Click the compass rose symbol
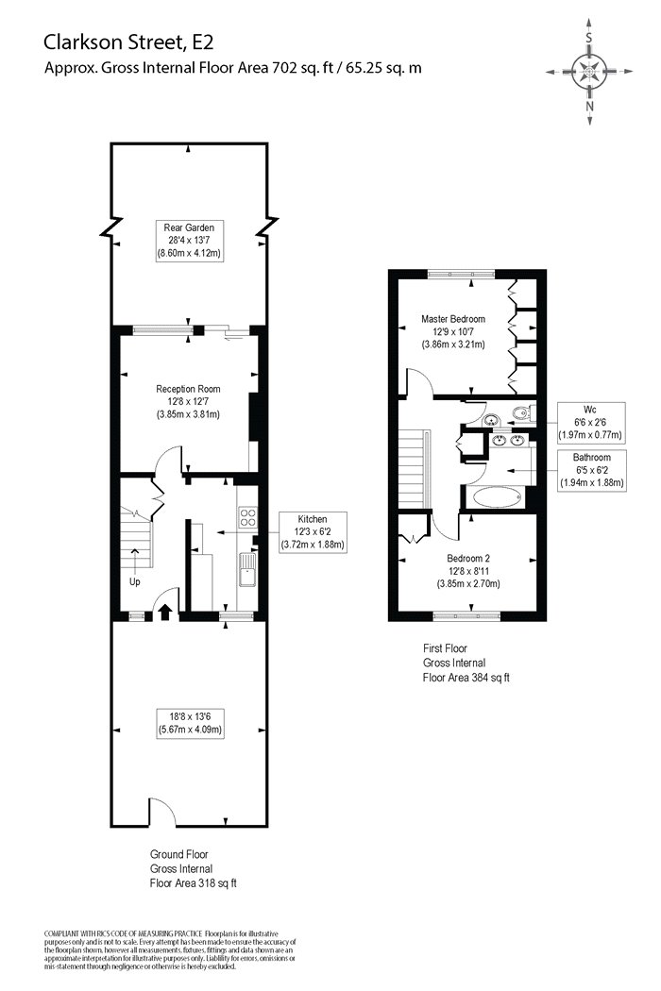[589, 72]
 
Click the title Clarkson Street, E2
[128, 42]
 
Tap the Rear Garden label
[189, 240]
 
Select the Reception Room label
[188, 401]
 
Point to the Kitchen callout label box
[313, 531]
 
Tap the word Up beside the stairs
[135, 581]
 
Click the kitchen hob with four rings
[247, 518]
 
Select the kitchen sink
[247, 569]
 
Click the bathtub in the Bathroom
[498, 497]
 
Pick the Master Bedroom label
[453, 332]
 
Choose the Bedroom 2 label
[468, 571]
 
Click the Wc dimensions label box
[590, 423]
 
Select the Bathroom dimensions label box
[592, 470]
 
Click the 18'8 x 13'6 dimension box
[190, 723]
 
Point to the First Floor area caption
[466, 663]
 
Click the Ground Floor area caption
[193, 869]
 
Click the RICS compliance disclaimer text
[170, 949]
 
